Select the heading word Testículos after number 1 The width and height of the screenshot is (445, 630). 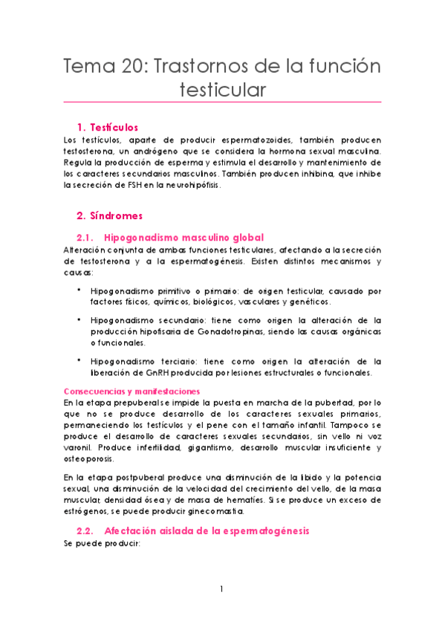[x=116, y=127]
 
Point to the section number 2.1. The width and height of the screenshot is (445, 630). [x=85, y=238]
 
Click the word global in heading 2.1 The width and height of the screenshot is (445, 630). [x=244, y=238]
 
